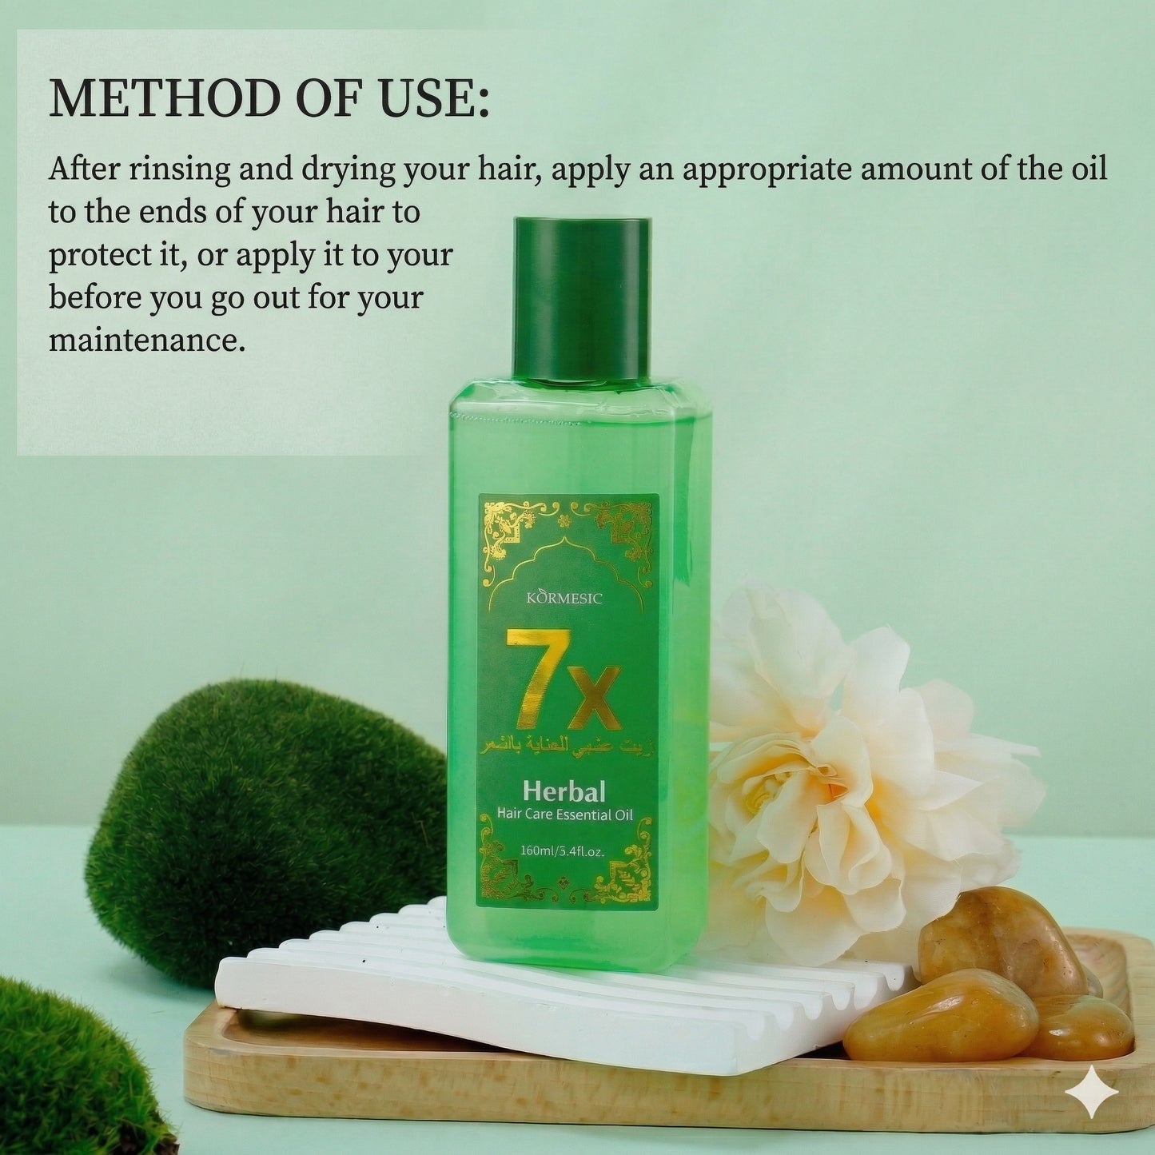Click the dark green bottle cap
coord(582,297)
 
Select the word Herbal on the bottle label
coord(564,791)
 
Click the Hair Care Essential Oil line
coord(564,815)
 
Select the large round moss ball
coord(264,823)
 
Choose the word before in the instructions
coord(95,297)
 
